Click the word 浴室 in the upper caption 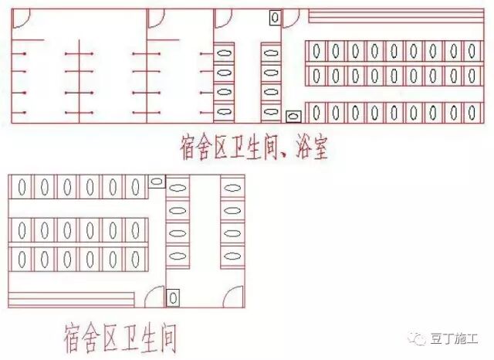point(308,147)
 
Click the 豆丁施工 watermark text point(456,339)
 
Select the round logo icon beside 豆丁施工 point(421,338)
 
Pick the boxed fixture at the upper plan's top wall point(274,17)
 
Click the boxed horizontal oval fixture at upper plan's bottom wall point(293,116)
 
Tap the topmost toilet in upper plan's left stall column point(224,53)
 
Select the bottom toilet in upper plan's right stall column point(270,112)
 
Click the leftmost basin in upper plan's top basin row point(316,52)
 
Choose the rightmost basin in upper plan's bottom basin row point(472,114)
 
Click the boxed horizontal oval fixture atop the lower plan point(156,182)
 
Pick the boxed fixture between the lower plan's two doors point(173,297)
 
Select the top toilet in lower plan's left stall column point(178,187)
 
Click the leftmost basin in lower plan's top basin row point(22,187)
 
